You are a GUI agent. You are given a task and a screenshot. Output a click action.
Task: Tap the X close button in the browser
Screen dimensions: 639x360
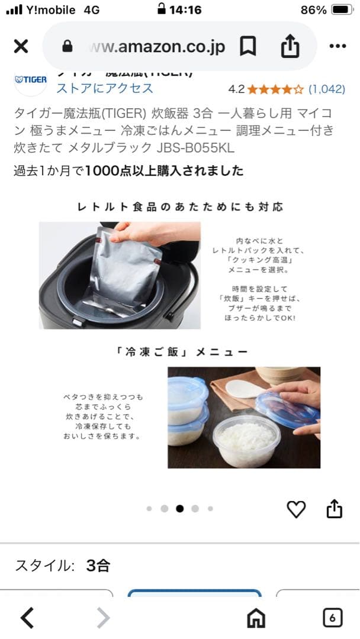(21, 47)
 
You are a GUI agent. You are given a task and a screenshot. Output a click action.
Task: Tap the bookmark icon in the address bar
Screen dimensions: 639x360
(247, 47)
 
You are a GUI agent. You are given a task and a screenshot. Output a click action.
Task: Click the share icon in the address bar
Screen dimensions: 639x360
(290, 47)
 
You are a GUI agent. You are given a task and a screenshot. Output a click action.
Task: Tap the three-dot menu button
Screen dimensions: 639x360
(337, 47)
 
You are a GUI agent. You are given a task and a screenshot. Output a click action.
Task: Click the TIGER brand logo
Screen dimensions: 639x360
(31, 80)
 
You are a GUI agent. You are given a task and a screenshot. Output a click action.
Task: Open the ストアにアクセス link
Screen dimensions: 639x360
(105, 89)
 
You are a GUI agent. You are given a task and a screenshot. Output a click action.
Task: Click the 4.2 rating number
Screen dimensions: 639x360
(236, 89)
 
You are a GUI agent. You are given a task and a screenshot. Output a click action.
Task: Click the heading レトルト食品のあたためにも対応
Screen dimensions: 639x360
(180, 206)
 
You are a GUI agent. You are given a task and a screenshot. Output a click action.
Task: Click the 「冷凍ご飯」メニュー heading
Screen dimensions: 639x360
(180, 351)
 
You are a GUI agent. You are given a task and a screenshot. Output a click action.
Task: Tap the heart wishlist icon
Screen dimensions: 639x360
(296, 509)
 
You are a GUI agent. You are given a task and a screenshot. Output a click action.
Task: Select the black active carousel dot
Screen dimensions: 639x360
(179, 508)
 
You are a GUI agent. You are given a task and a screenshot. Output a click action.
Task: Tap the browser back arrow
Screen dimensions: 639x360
(27, 618)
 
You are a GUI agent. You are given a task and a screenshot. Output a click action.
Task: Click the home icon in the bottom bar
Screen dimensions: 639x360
(256, 618)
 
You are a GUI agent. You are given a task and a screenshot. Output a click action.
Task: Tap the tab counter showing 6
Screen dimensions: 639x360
(332, 618)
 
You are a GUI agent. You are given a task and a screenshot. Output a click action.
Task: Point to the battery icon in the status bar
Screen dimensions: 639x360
(342, 10)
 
